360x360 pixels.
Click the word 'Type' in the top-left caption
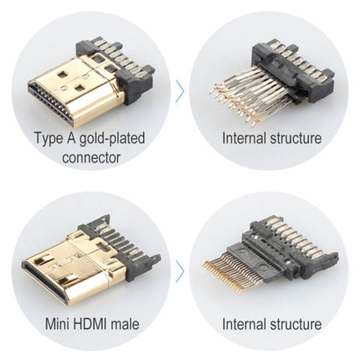pos(49,137)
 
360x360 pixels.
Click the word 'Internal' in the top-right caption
pos(246,137)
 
